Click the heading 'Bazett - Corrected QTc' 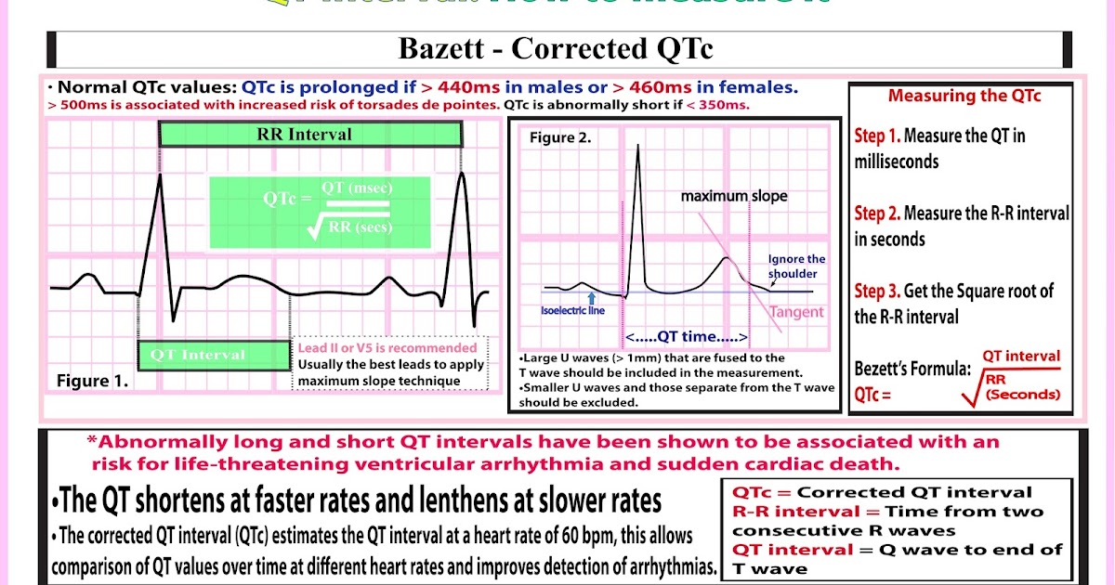tap(556, 49)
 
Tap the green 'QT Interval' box tap(214, 356)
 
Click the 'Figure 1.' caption tap(93, 382)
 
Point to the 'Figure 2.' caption tap(560, 138)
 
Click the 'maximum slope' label tap(733, 196)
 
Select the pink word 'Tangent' tap(796, 312)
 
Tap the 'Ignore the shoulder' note tap(796, 266)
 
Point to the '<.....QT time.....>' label tap(687, 336)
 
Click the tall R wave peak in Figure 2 tap(637, 149)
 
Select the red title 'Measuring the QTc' tap(964, 96)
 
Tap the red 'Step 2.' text tap(876, 214)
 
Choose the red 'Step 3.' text tap(876, 291)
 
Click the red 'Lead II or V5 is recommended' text tap(387, 348)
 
